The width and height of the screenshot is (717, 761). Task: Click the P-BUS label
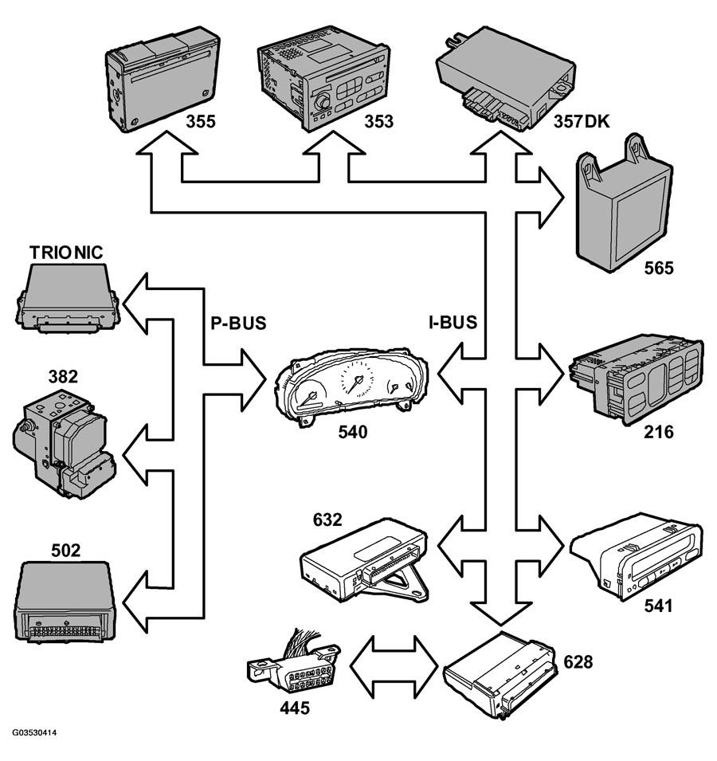point(238,323)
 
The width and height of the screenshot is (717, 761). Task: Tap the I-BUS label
point(453,322)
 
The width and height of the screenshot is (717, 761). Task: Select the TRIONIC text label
point(66,253)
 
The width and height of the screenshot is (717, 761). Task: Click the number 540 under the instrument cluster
point(353,431)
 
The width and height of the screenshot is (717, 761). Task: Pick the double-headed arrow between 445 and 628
point(394,667)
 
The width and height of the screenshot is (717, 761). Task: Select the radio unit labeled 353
point(323,79)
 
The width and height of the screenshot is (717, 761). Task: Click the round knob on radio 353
point(321,102)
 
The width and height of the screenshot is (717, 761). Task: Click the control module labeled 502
point(65,602)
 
